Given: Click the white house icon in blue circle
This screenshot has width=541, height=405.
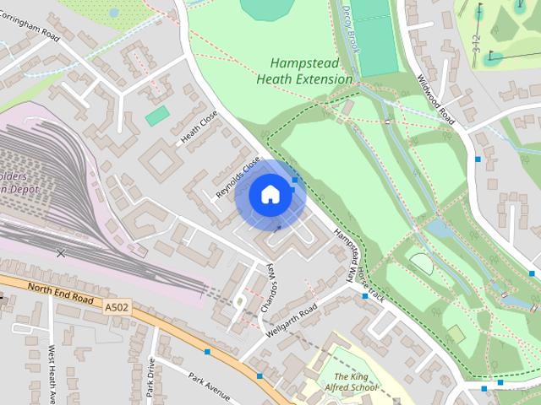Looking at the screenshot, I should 270,194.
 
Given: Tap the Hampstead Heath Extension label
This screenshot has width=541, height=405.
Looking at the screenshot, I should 311,71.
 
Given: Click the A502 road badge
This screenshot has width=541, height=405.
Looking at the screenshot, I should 117,308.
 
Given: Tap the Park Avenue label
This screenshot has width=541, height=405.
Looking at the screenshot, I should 209,387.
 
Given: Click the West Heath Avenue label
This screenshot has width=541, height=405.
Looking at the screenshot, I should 52,371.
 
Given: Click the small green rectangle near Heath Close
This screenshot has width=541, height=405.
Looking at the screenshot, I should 157,116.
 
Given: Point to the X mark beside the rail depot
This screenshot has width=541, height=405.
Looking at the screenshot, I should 60,252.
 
